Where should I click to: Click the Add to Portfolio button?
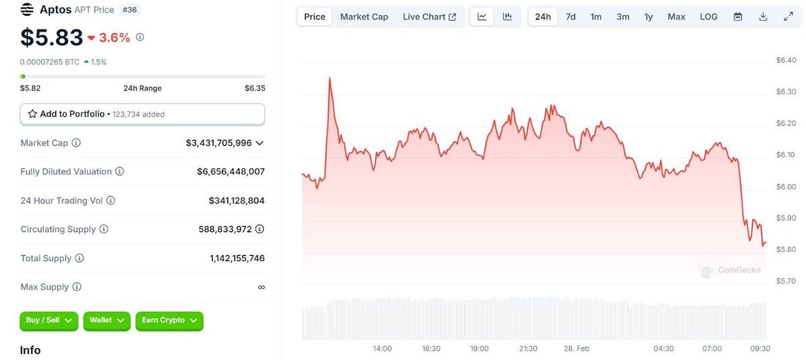click(x=142, y=114)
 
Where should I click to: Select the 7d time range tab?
click(x=570, y=17)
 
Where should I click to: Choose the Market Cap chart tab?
click(x=364, y=17)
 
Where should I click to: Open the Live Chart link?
click(x=429, y=17)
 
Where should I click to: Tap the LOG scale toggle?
click(x=709, y=17)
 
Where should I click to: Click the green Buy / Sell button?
click(x=49, y=320)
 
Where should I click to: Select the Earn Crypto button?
click(x=169, y=320)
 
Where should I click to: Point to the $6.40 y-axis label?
click(x=786, y=60)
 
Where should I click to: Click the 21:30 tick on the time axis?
click(x=529, y=349)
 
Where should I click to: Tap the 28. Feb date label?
click(x=576, y=349)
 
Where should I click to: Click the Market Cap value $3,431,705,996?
click(x=219, y=143)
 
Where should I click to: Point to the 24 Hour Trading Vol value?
click(x=236, y=201)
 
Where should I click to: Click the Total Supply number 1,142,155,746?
click(x=237, y=259)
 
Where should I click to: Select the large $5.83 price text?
click(x=52, y=38)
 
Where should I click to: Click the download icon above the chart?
click(x=763, y=17)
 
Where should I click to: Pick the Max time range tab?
click(x=676, y=17)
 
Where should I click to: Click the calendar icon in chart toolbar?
click(x=737, y=17)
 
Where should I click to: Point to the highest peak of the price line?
click(x=330, y=78)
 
